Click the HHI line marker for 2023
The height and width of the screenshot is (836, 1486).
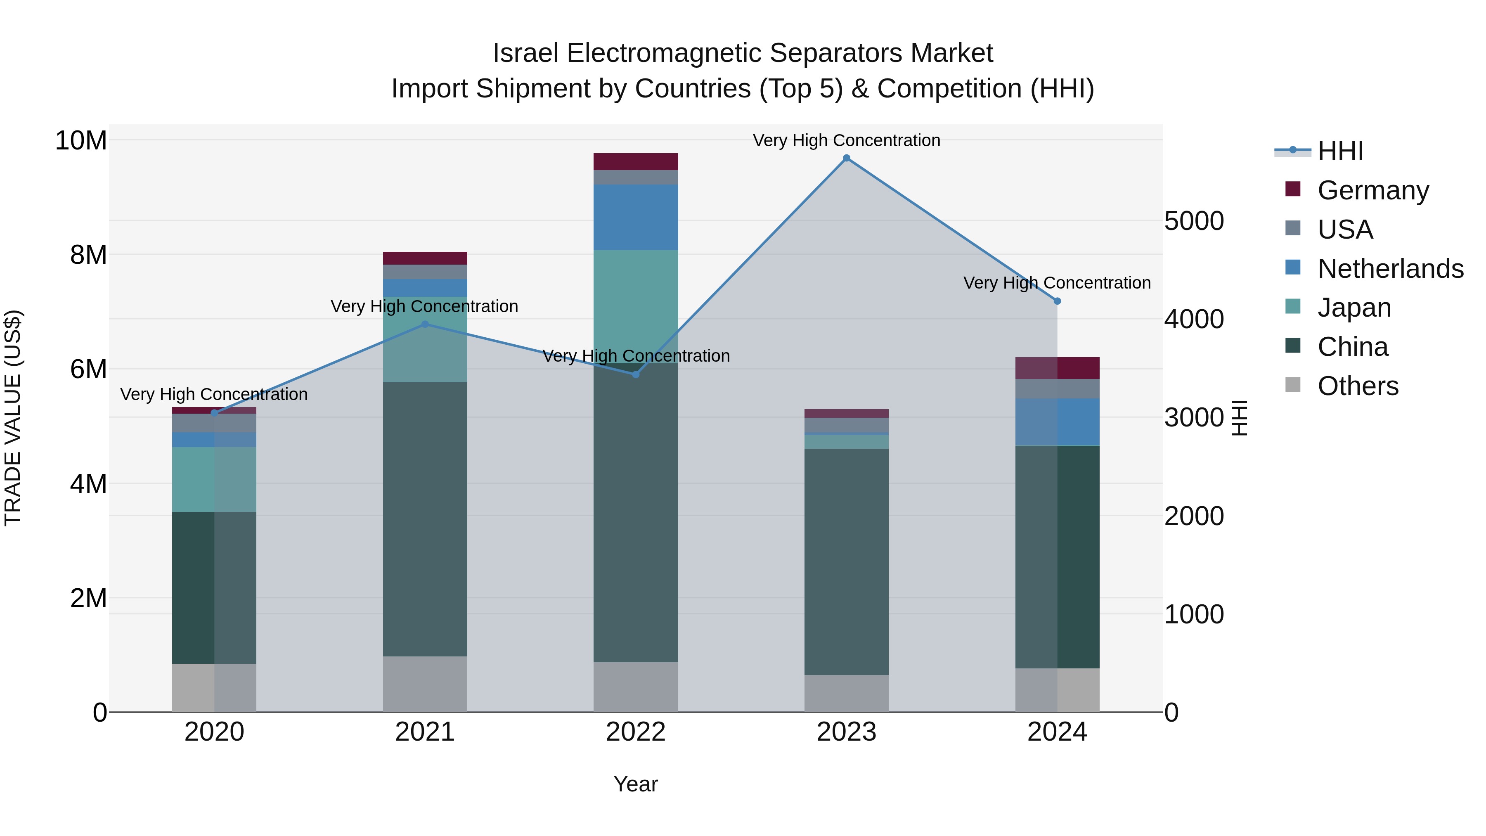(846, 158)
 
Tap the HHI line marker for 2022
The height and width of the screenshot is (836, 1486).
(636, 374)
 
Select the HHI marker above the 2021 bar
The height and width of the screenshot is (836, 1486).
(425, 324)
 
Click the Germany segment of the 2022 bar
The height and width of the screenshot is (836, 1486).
(636, 161)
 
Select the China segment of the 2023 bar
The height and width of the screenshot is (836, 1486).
(846, 561)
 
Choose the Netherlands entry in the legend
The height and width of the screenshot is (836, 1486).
(1390, 269)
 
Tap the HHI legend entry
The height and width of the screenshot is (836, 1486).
(1340, 151)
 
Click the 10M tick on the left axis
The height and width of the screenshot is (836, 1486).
(81, 141)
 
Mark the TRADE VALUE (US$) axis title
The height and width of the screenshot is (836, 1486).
(13, 418)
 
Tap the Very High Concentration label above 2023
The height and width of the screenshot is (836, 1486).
(846, 140)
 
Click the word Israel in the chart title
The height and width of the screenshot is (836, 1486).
(525, 53)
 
